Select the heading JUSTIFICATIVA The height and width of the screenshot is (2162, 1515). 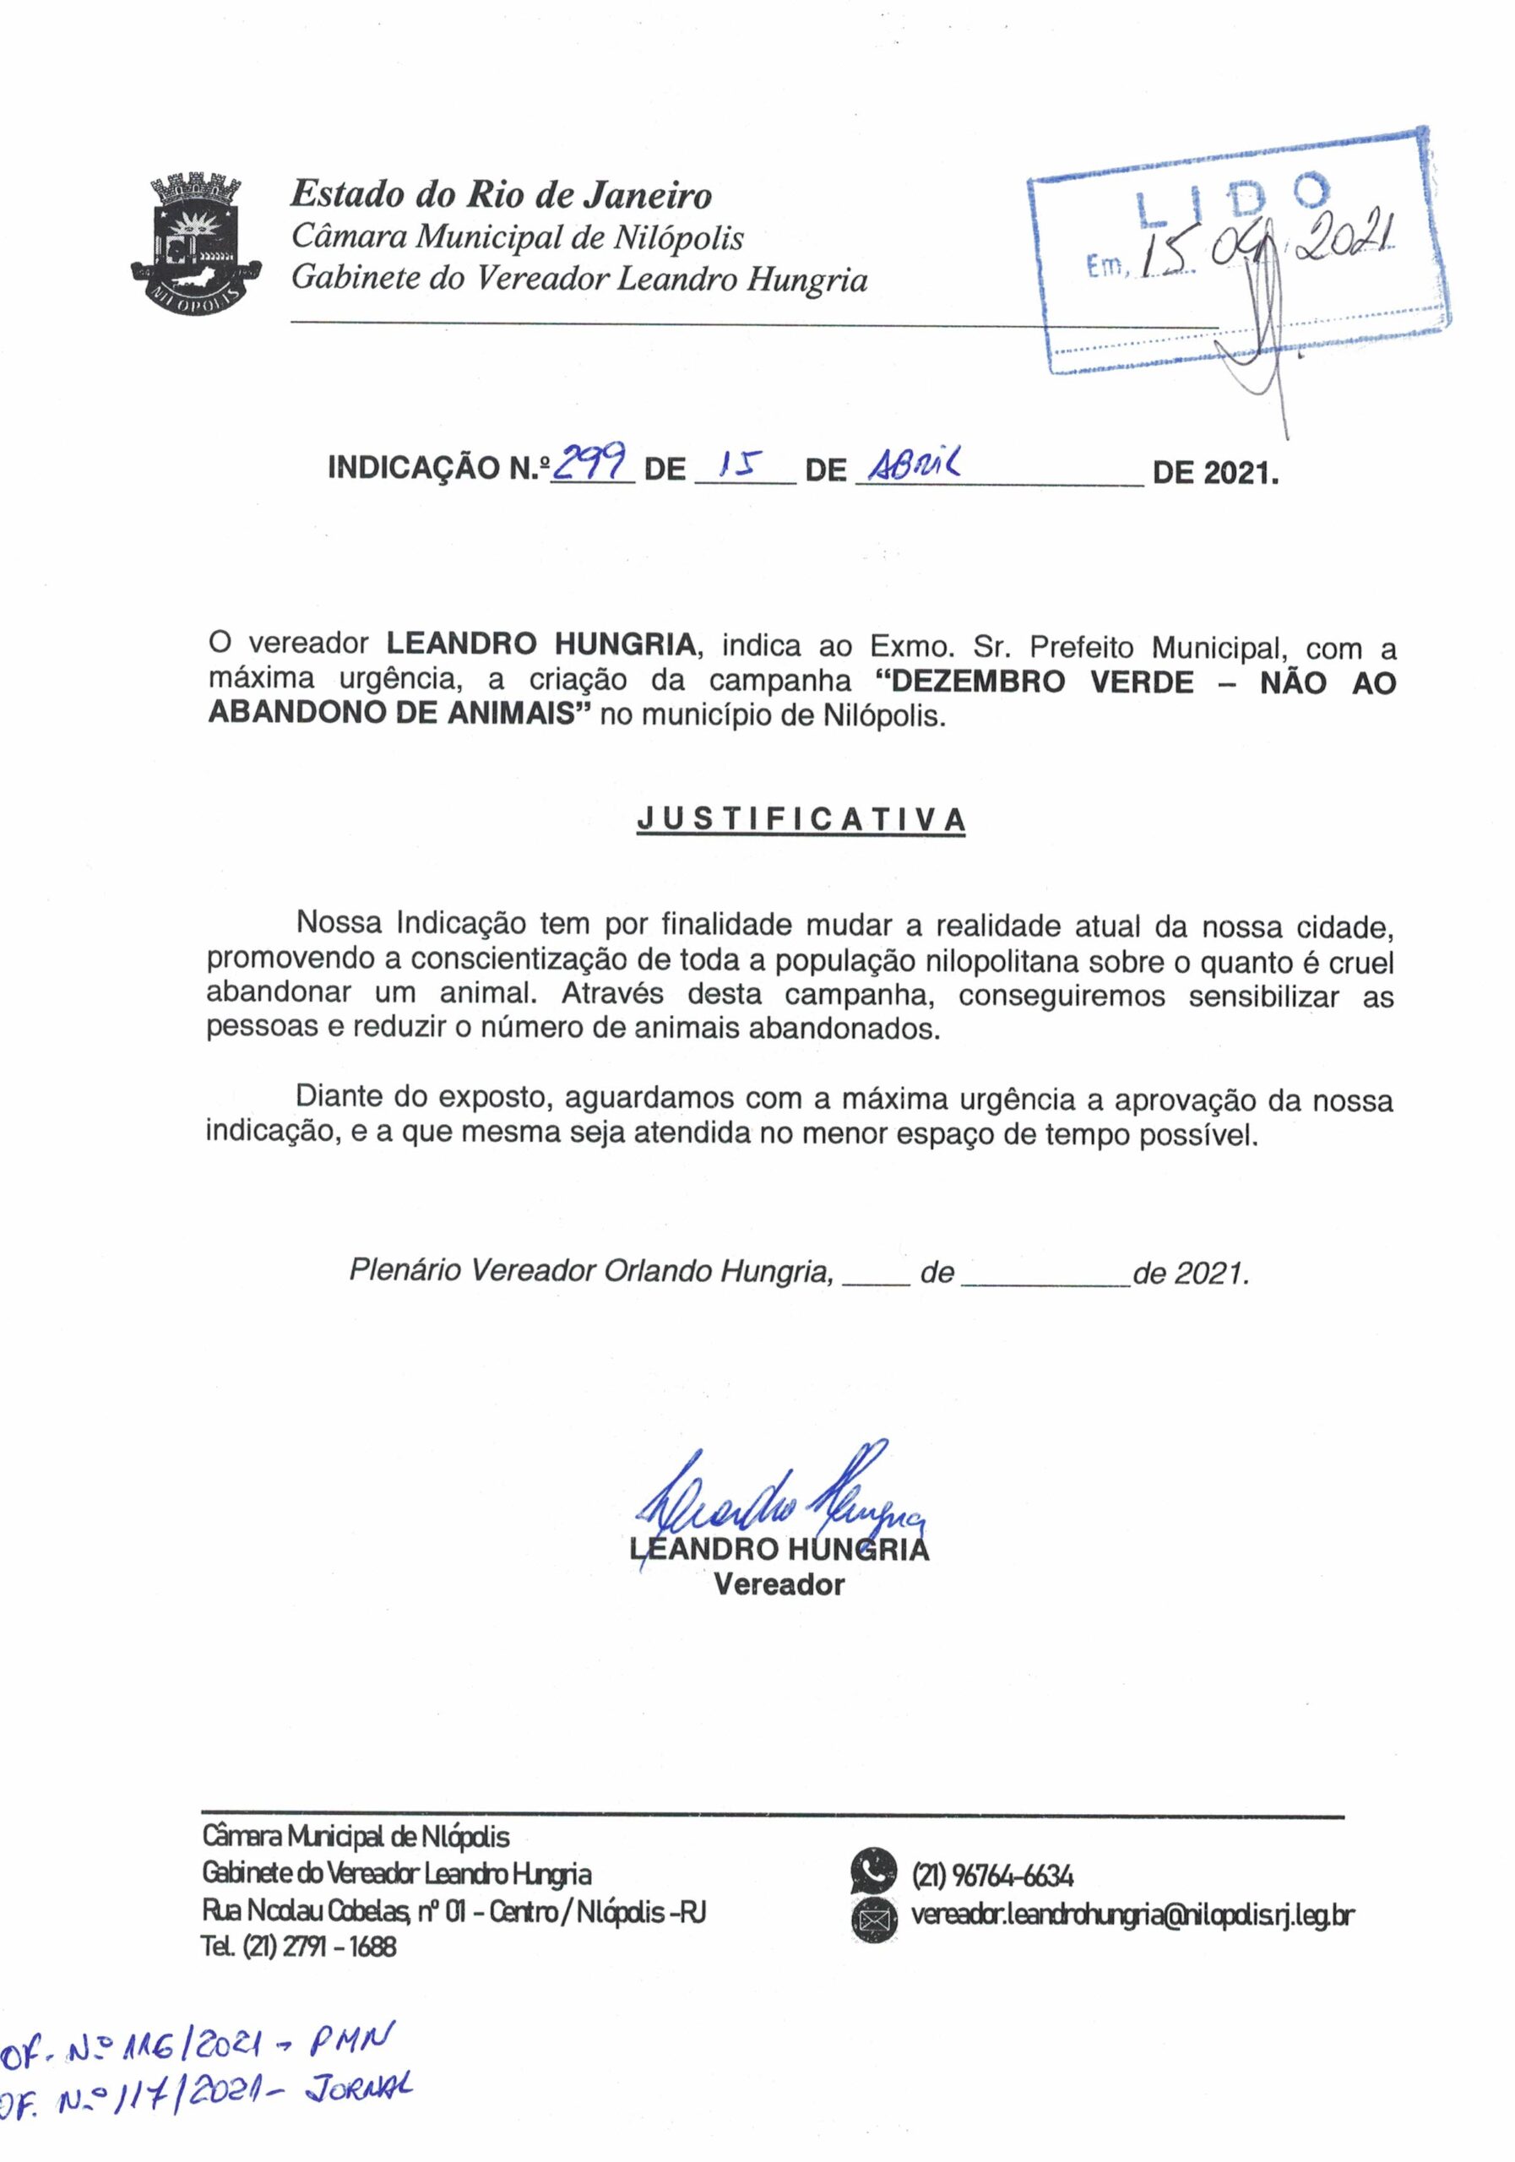[x=801, y=820]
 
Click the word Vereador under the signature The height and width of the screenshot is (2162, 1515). [x=779, y=1585]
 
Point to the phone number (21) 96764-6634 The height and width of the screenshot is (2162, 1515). [x=992, y=1876]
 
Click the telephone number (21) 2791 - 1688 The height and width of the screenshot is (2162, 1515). [x=298, y=1947]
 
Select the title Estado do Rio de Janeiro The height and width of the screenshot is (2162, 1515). [x=501, y=195]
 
